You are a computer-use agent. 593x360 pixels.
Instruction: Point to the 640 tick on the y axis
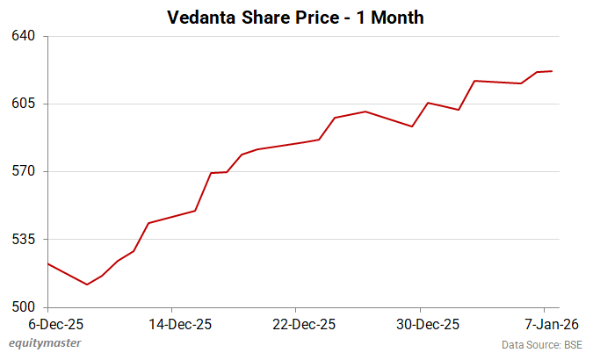click(24, 36)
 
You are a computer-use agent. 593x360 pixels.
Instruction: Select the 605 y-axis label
click(24, 104)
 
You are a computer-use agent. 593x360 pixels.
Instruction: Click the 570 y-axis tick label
click(24, 171)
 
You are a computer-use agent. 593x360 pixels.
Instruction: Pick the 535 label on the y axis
click(24, 239)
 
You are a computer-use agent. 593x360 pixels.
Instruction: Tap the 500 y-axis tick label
click(24, 307)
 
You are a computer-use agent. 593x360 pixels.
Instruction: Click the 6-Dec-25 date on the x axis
click(47, 323)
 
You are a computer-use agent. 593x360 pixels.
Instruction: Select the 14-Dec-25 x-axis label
click(171, 323)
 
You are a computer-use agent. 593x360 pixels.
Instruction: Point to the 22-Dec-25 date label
click(296, 323)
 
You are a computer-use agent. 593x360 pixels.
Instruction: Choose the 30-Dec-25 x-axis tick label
click(421, 323)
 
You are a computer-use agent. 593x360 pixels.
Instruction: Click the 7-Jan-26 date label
click(545, 323)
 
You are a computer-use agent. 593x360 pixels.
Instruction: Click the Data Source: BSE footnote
click(542, 343)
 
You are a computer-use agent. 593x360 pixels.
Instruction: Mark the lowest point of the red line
click(87, 284)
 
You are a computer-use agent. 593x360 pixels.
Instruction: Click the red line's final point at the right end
click(552, 71)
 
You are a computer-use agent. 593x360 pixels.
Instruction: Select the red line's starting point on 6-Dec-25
click(47, 263)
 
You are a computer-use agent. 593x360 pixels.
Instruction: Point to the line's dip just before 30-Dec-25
click(412, 126)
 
